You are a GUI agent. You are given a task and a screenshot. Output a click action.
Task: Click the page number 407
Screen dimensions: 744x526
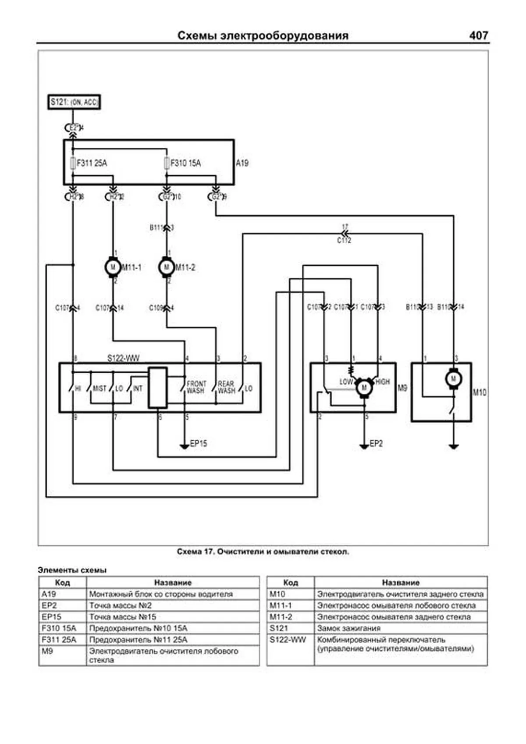point(478,36)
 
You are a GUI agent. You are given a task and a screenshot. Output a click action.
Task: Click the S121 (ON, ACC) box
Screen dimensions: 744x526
point(74,102)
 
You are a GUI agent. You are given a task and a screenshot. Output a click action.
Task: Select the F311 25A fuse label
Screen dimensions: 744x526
point(92,163)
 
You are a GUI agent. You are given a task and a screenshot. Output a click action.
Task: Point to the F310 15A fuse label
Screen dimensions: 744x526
point(185,163)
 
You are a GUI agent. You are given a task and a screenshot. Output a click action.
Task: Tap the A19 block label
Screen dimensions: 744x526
point(242,163)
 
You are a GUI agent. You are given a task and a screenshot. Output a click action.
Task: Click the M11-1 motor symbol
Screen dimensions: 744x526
point(113,267)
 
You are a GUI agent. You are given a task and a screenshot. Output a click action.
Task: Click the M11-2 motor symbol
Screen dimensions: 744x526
point(166,267)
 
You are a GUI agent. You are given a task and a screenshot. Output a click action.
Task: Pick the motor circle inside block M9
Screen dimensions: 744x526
point(364,388)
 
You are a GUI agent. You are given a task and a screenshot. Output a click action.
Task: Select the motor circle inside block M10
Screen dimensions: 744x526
point(453,378)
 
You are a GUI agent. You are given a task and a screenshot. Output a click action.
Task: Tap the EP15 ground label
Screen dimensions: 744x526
point(198,444)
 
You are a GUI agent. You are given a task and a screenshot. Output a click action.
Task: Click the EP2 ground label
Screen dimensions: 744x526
point(376,444)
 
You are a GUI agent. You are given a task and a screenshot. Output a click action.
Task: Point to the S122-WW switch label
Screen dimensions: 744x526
point(123,358)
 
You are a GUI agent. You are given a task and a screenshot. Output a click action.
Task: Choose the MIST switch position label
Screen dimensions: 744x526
point(100,388)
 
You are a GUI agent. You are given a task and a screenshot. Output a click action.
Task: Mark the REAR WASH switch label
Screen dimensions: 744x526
point(226,387)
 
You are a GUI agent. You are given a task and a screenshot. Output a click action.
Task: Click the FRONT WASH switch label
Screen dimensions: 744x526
point(196,387)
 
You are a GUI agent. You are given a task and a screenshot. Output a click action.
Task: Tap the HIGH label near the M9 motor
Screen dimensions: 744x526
point(382,382)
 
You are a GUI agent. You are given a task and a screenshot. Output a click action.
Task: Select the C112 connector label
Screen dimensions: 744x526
point(344,240)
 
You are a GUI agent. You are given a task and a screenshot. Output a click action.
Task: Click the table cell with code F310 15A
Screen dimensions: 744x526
point(59,628)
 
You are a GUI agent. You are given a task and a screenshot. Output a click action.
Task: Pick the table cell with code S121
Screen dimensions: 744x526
point(279,628)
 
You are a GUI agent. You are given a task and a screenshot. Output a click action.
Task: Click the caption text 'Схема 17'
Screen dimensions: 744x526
point(195,552)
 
